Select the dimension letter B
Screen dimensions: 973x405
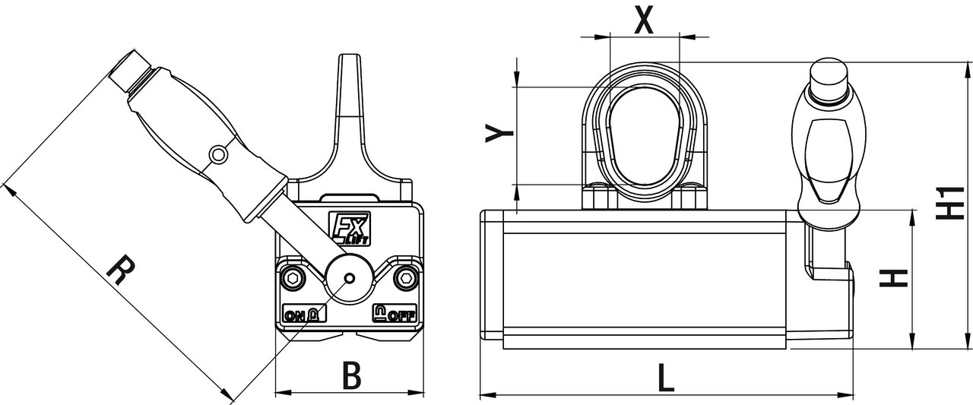pos(351,375)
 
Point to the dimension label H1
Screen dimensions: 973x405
pos(949,203)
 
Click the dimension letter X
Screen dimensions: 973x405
pos(644,20)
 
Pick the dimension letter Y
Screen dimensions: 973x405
pos(499,133)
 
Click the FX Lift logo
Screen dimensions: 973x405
pos(349,228)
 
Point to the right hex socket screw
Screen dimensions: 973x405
pos(406,277)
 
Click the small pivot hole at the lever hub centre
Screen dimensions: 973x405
pos(349,278)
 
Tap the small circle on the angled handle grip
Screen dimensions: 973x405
pos(217,153)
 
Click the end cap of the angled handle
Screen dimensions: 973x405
pos(129,71)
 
